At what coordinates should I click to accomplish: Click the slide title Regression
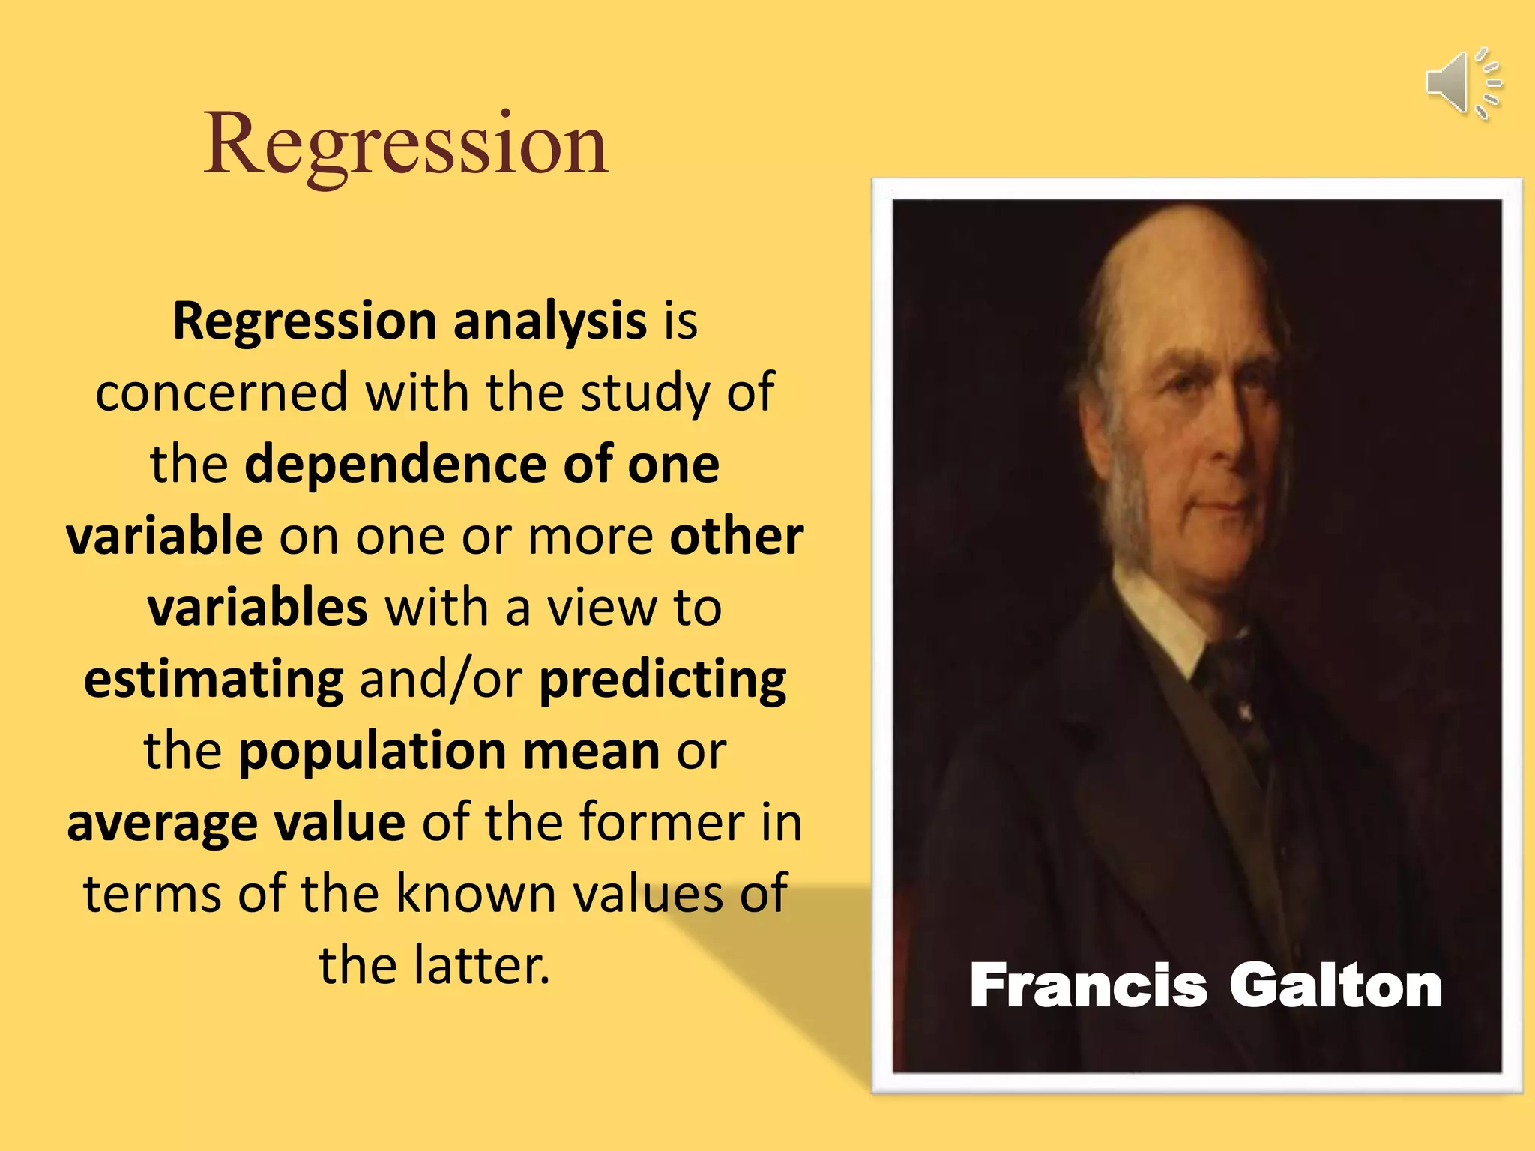coord(405,144)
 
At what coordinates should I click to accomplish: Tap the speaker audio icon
coord(1462,83)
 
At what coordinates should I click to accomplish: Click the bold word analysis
coord(549,321)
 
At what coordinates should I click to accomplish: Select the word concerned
coord(222,392)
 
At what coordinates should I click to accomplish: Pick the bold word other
coord(736,536)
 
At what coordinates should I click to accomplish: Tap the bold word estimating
coord(214,679)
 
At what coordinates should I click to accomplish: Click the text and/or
coord(441,679)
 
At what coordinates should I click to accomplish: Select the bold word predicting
coord(663,679)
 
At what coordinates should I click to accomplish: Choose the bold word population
coord(372,751)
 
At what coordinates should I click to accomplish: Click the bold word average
coord(162,823)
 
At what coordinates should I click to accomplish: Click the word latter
coord(482,965)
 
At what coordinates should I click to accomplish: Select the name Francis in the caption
coord(1088,985)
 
